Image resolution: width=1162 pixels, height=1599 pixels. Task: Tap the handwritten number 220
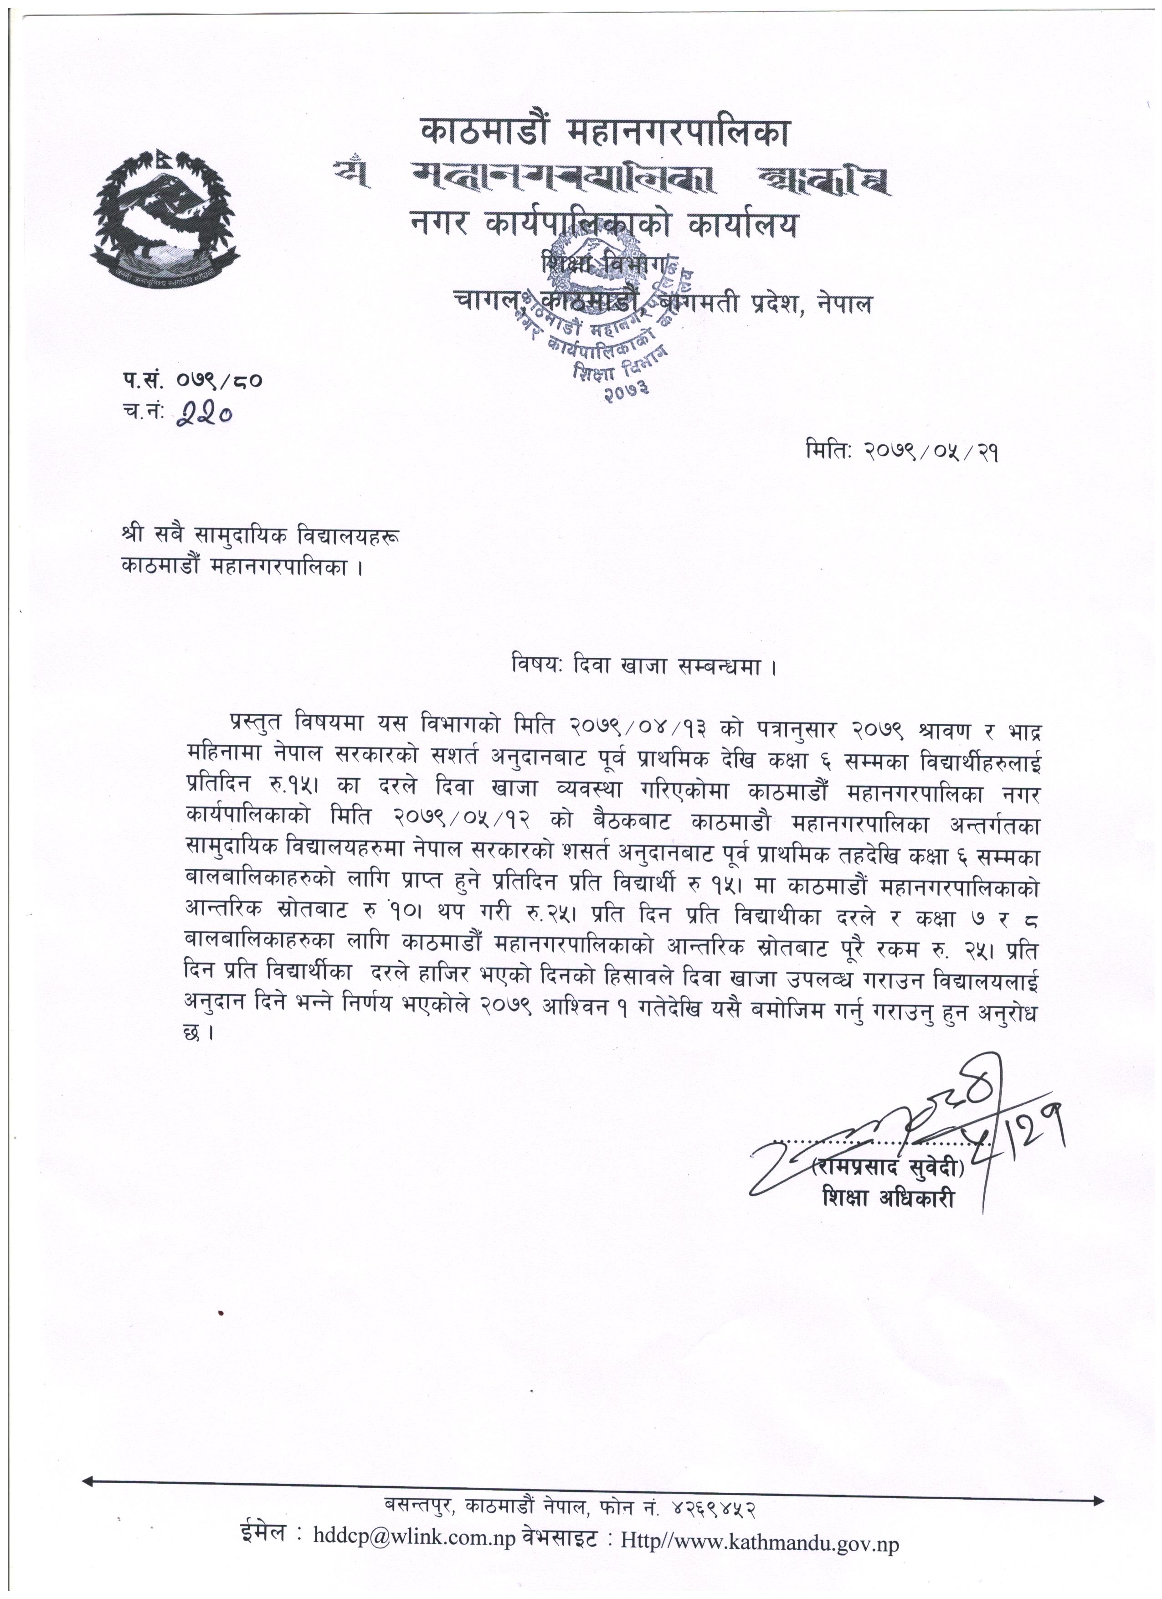pos(204,415)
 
